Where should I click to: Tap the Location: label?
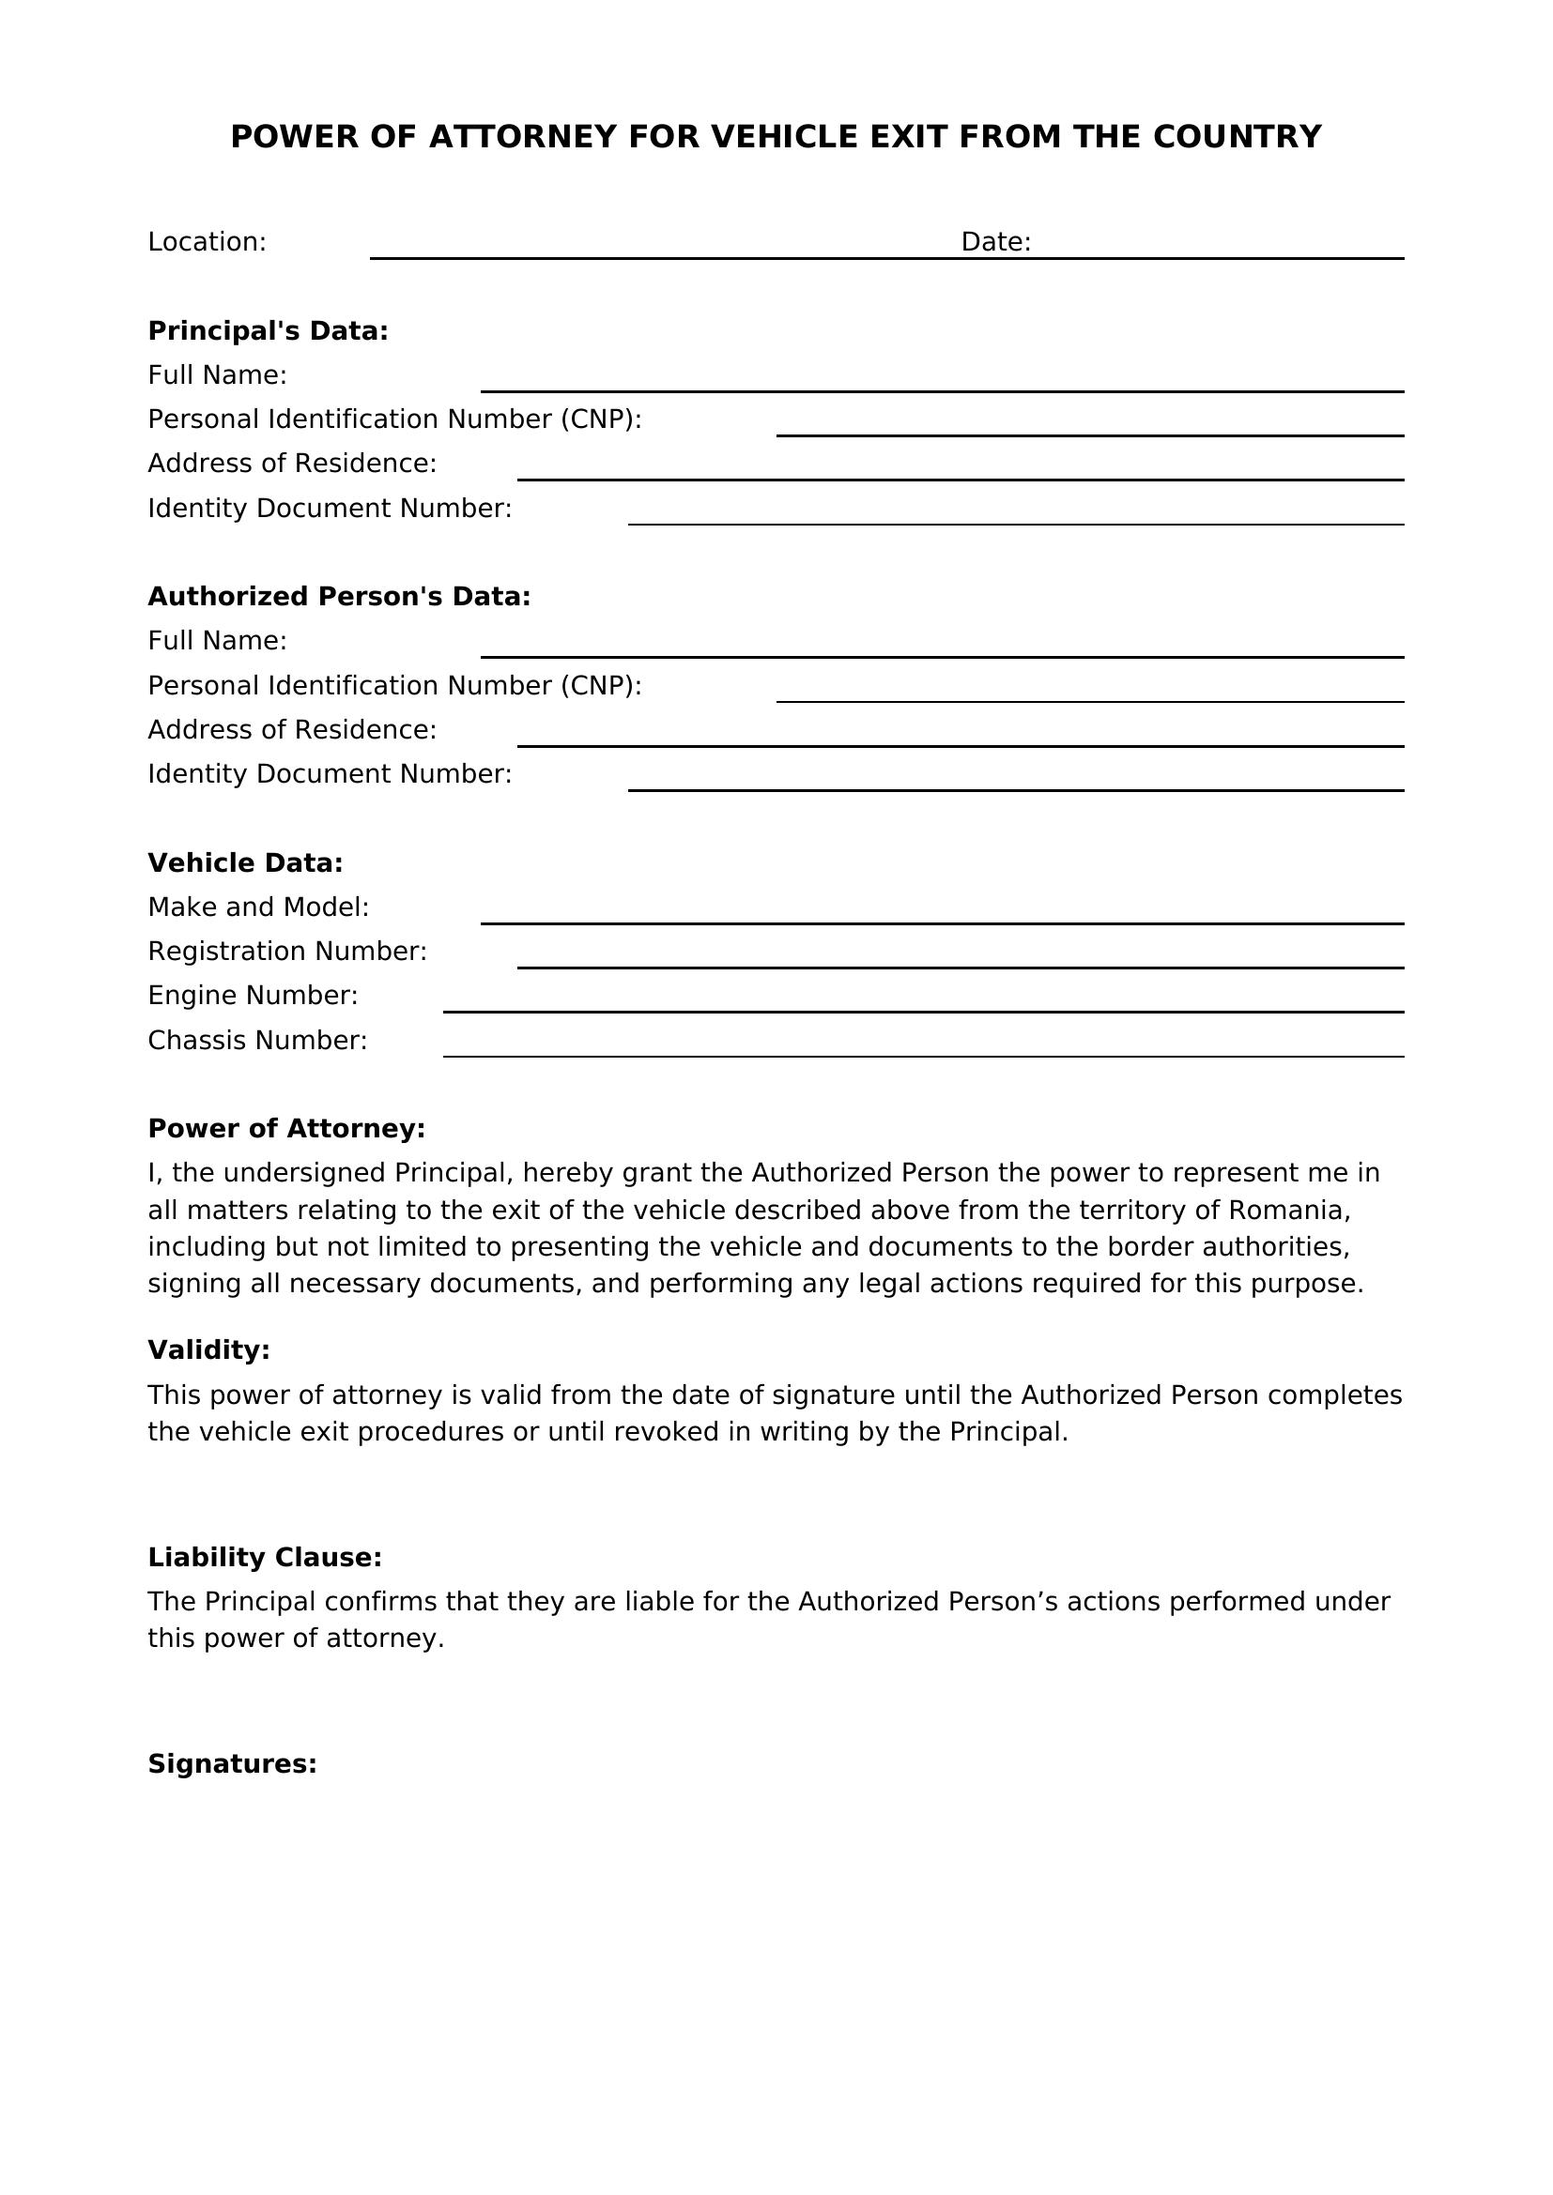pyautogui.click(x=207, y=242)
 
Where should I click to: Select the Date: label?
pyautogui.click(x=995, y=242)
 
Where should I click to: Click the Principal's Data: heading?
pyautogui.click(x=268, y=330)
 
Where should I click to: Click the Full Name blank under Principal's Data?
pyautogui.click(x=941, y=382)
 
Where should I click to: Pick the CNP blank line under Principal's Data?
pyautogui.click(x=1089, y=426)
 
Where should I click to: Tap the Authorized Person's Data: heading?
pyautogui.click(x=339, y=597)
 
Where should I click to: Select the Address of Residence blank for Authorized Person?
pyautogui.click(x=961, y=737)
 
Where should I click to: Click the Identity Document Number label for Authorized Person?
pyautogui.click(x=330, y=773)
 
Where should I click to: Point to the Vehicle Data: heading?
pyautogui.click(x=245, y=863)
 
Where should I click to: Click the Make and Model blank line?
pyautogui.click(x=941, y=915)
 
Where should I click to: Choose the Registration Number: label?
pyautogui.click(x=287, y=952)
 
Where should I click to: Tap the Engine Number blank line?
pyautogui.click(x=923, y=1003)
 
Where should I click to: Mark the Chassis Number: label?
pyautogui.click(x=257, y=1040)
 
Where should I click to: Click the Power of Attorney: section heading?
pyautogui.click(x=286, y=1129)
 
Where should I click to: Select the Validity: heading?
pyautogui.click(x=208, y=1349)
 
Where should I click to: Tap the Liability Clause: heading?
pyautogui.click(x=264, y=1558)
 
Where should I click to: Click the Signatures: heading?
pyautogui.click(x=231, y=1764)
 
